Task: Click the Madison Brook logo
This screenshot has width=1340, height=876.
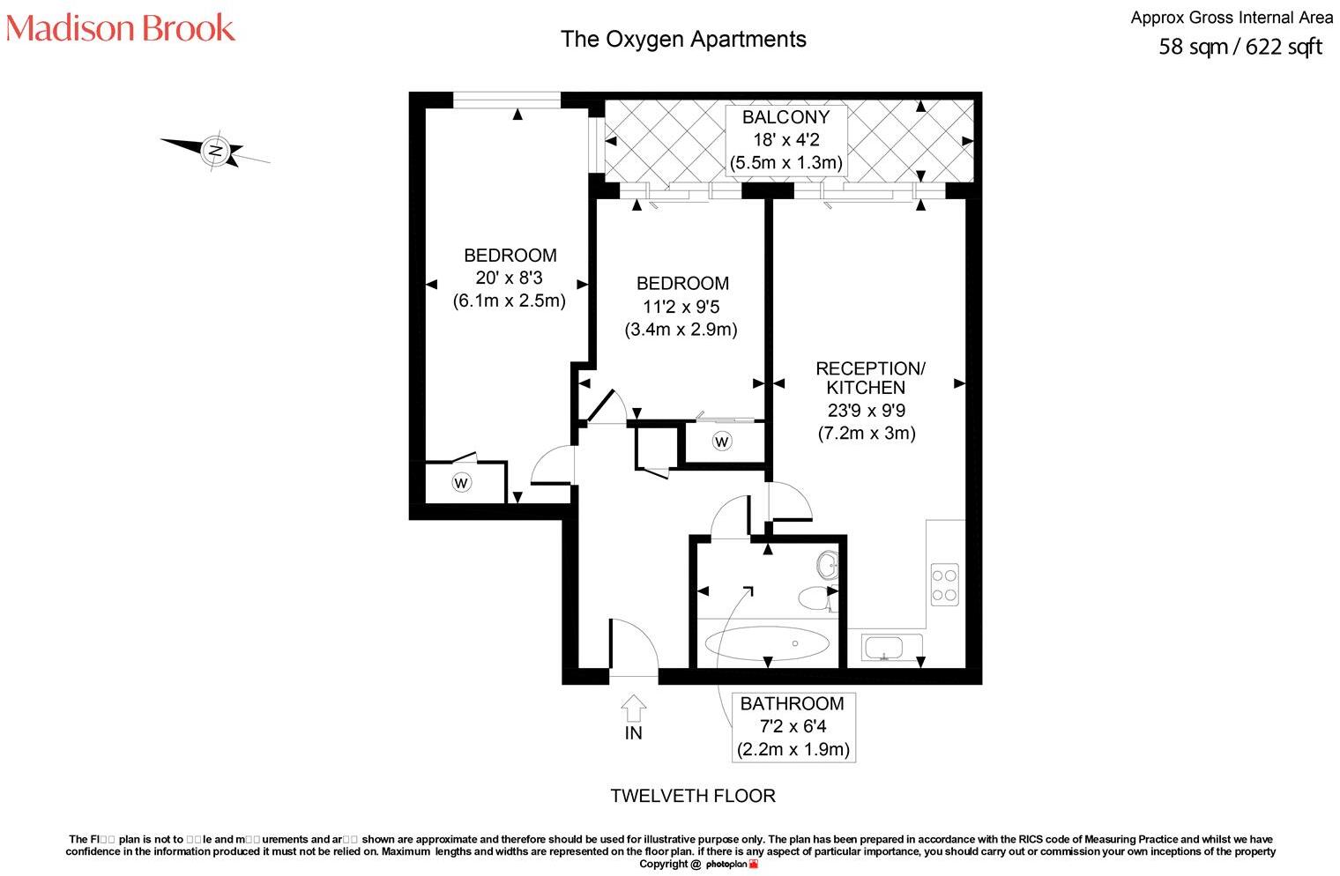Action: tap(121, 28)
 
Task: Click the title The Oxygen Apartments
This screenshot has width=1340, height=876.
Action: tap(683, 39)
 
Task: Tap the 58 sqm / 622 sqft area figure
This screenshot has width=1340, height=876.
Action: tap(1239, 47)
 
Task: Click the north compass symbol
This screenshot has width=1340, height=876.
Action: tap(215, 150)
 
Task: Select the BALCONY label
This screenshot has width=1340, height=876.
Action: tap(785, 117)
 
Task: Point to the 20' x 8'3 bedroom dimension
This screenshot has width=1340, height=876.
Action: tap(509, 278)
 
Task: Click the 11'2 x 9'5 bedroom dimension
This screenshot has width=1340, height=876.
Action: tap(681, 307)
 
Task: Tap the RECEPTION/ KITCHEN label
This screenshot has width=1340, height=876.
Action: tap(869, 377)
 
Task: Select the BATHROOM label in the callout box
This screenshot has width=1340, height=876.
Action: tap(792, 703)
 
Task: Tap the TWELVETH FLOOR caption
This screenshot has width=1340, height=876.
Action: tap(693, 796)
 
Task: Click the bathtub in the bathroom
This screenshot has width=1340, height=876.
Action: tap(767, 643)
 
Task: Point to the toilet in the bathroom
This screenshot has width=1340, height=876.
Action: tap(815, 599)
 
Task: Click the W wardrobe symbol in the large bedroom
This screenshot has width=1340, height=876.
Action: tap(460, 482)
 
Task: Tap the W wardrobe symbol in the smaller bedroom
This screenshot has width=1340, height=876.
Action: tap(721, 441)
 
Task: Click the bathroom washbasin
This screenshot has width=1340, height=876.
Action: tap(828, 564)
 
